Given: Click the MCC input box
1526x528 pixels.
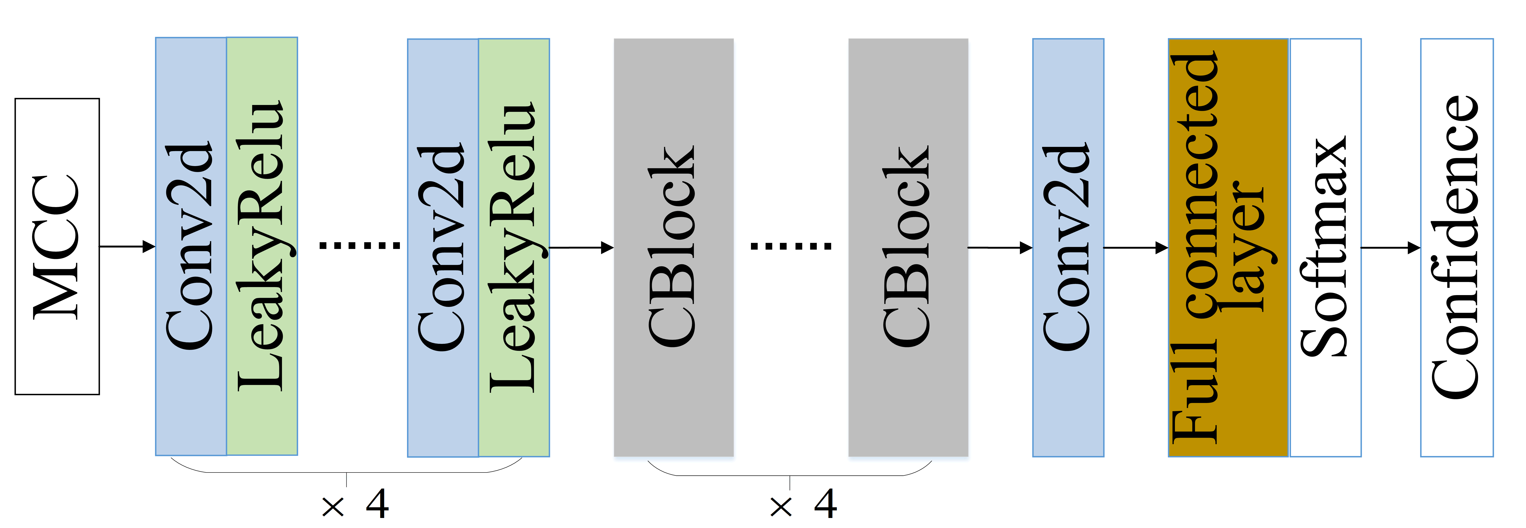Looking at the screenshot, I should (57, 246).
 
